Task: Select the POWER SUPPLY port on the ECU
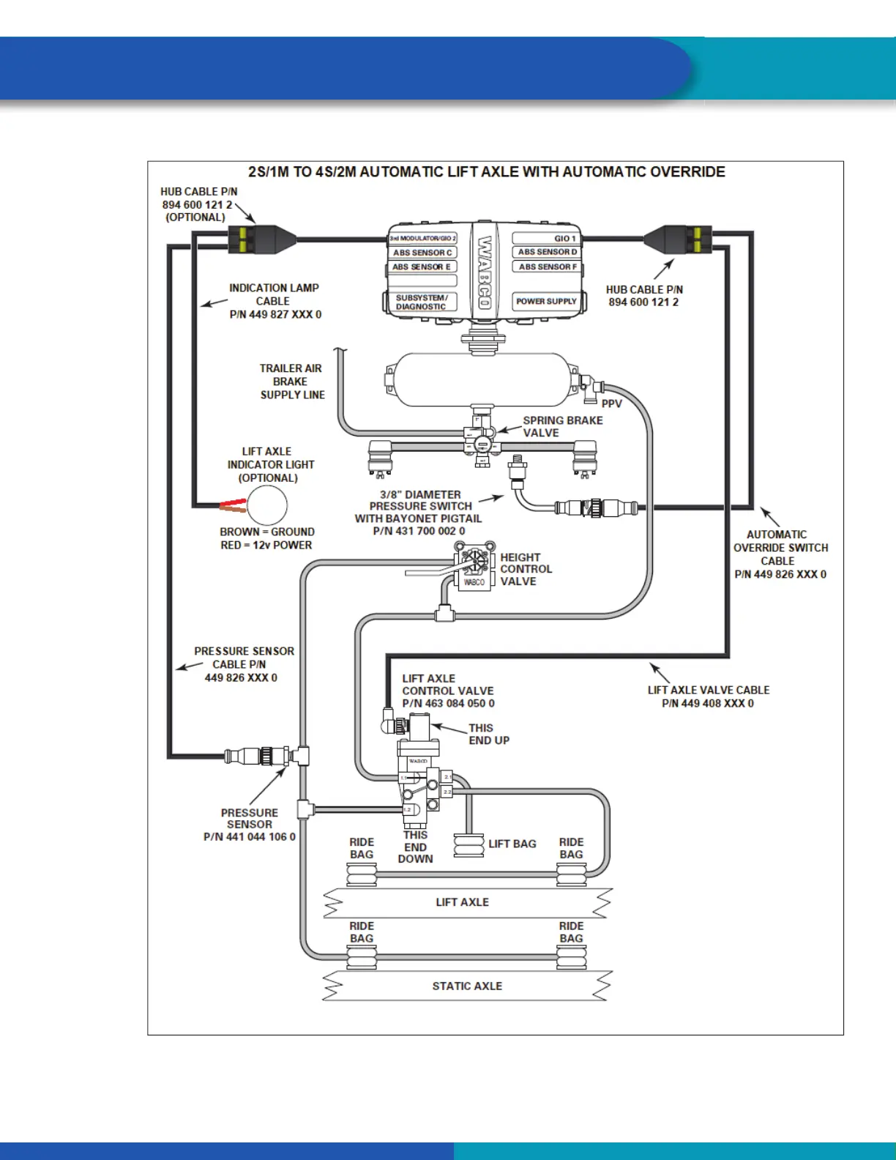pyautogui.click(x=546, y=301)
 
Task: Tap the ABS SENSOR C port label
pyautogui.click(x=422, y=253)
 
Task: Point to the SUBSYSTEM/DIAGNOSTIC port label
pyautogui.click(x=422, y=302)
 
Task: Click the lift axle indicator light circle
pyautogui.click(x=267, y=505)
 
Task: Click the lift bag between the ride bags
pyautogui.click(x=468, y=846)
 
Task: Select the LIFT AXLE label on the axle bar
pyautogui.click(x=462, y=902)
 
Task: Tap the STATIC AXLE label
pyautogui.click(x=467, y=986)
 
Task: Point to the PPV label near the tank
pyautogui.click(x=611, y=404)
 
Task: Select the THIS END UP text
pyautogui.click(x=489, y=734)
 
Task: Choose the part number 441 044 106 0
pyautogui.click(x=250, y=837)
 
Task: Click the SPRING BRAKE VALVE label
pyautogui.click(x=562, y=426)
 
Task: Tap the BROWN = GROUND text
pyautogui.click(x=267, y=532)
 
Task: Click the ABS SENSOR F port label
pyautogui.click(x=548, y=267)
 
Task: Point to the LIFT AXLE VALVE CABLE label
pyautogui.click(x=708, y=690)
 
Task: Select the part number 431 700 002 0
pyautogui.click(x=419, y=531)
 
